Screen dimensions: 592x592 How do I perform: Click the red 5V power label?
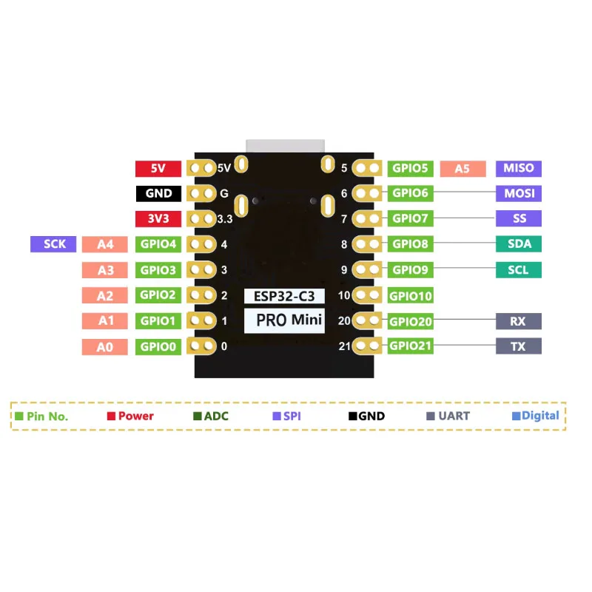coord(158,169)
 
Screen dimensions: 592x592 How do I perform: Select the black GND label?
coord(158,194)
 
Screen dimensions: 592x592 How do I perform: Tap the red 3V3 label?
coord(158,219)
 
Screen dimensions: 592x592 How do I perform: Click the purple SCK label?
coord(54,244)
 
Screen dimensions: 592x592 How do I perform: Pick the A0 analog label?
coord(104,346)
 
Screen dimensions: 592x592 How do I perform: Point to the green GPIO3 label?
coord(158,270)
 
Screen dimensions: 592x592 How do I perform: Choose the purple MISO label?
coord(518,169)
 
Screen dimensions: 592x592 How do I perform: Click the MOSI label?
coord(518,194)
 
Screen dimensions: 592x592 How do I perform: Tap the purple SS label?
coord(518,219)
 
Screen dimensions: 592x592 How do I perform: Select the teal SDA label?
coord(518,244)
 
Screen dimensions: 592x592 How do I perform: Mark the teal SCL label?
coord(518,270)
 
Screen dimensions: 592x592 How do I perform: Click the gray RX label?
coord(518,321)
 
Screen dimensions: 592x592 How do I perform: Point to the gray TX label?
coord(518,346)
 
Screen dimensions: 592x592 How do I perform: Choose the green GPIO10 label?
coord(411,296)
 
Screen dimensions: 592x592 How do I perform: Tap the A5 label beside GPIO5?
coord(462,169)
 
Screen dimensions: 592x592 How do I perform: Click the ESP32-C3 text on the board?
coord(284,296)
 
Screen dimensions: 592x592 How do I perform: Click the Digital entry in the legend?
coord(536,416)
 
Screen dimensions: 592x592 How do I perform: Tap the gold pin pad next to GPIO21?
coord(366,346)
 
